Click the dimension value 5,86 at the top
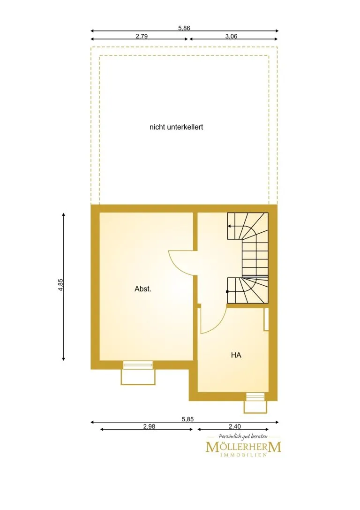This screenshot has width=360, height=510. (x=184, y=28)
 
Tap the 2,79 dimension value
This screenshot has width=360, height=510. (x=142, y=36)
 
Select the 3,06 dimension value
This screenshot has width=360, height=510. (x=232, y=36)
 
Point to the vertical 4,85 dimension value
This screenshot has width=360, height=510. (x=60, y=285)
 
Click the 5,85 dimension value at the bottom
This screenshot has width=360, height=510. (x=187, y=419)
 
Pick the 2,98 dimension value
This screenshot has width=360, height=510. (x=149, y=426)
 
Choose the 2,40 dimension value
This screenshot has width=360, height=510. (x=234, y=426)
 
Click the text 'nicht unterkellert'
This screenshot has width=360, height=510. (x=176, y=127)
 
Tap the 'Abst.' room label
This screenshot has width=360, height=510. (x=143, y=289)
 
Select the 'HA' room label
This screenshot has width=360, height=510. (x=236, y=355)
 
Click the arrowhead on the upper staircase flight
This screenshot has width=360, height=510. (x=229, y=226)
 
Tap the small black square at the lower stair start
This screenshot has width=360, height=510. (x=227, y=292)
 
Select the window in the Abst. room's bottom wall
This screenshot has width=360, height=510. (x=138, y=365)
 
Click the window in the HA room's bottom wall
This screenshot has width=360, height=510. (x=255, y=396)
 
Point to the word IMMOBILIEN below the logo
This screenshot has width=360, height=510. (x=244, y=455)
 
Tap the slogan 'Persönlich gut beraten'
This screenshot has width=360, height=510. (x=243, y=436)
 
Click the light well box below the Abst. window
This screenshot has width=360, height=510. (x=138, y=377)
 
